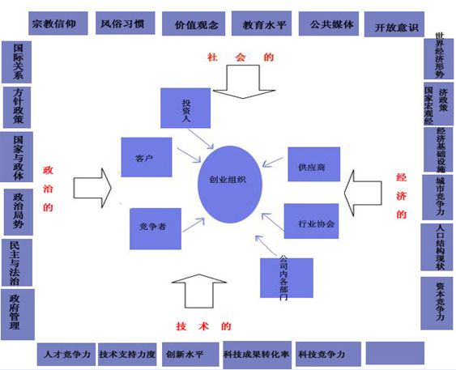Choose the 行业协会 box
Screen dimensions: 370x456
[x=310, y=221]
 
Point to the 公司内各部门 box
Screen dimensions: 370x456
[x=283, y=277]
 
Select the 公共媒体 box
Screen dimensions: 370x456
[x=331, y=24]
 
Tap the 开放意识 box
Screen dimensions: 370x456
[x=394, y=27]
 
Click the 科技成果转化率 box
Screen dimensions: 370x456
[x=258, y=354]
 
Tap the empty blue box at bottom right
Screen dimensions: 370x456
[x=394, y=353]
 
